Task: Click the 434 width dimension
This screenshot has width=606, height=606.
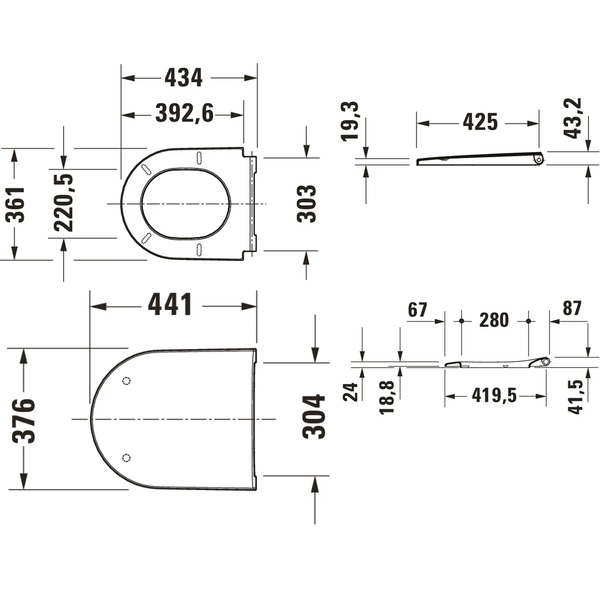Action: coord(183,78)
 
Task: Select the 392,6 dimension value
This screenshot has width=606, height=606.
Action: coord(185,114)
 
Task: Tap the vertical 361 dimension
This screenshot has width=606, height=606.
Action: coord(15,204)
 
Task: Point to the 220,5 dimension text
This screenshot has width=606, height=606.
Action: coord(64,203)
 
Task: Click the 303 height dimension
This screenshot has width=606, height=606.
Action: coord(306,204)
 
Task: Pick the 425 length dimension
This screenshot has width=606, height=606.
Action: coord(480,122)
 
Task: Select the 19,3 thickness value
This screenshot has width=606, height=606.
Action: coord(350,121)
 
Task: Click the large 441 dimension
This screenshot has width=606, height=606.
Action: coord(170,305)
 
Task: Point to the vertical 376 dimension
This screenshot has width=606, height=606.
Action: coord(23,420)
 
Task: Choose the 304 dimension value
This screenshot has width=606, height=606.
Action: coord(314,417)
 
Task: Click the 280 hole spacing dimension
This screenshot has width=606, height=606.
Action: coord(494,320)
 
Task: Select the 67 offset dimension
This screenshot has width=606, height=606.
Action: coord(417,310)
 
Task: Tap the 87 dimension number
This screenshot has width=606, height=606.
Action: coord(572,309)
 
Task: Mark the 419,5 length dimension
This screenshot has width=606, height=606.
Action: coord(494,396)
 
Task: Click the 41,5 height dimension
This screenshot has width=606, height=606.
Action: coord(575,397)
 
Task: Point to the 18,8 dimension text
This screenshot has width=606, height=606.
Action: coord(387,398)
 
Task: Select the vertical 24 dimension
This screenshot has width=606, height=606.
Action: coord(351,392)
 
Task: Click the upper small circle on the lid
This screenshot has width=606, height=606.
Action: coord(126,381)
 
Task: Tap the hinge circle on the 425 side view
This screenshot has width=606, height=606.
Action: coord(539,160)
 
